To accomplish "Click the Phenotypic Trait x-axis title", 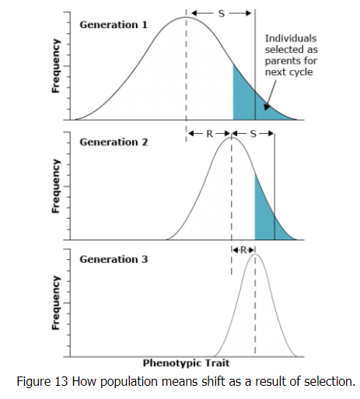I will [186, 363].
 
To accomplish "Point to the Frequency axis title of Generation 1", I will [56, 67].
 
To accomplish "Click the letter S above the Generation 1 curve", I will [221, 13].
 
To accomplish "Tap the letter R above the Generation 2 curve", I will [208, 133].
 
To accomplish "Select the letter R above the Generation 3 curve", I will [243, 250].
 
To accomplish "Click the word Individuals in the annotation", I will [291, 37].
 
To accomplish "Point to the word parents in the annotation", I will [282, 61].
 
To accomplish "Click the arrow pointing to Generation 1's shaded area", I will [267, 100].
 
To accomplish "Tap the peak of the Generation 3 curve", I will [254, 254].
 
